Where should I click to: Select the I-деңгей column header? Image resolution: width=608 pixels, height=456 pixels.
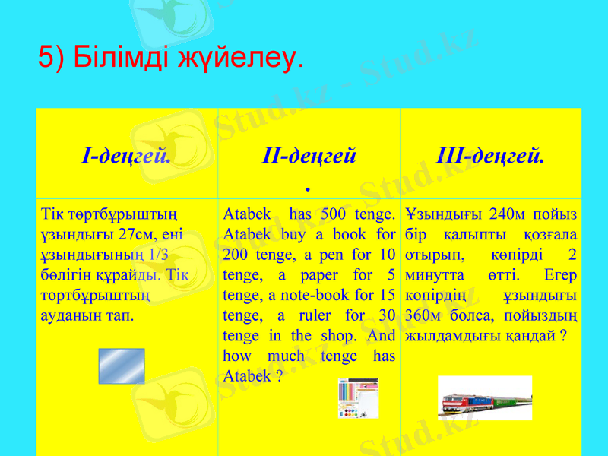[x=125, y=157]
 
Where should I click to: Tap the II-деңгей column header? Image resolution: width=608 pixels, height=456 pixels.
[x=309, y=157]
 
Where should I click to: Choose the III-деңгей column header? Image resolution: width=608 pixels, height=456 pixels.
[x=490, y=157]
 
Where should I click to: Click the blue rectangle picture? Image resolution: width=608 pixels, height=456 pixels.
[x=122, y=366]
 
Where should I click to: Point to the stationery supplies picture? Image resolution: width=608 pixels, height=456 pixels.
[x=358, y=397]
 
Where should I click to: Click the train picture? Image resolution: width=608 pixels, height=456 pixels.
[x=485, y=397]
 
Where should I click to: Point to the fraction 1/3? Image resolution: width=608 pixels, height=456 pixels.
[x=158, y=254]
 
